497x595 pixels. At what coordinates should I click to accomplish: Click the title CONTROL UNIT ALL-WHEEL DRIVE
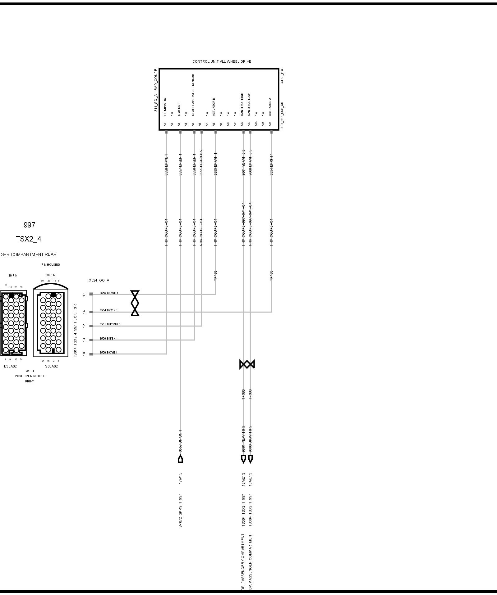point(222,61)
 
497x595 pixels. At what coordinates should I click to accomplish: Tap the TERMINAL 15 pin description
point(165,107)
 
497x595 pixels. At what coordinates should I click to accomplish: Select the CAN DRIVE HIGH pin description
point(242,104)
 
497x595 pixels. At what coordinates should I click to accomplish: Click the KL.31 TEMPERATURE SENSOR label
point(193,95)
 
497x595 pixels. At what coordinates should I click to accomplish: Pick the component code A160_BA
point(282,76)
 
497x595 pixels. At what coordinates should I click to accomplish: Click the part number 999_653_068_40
point(282,115)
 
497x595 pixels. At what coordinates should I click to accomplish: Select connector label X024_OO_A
point(99,280)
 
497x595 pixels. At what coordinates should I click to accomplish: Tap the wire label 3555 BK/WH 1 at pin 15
point(109,293)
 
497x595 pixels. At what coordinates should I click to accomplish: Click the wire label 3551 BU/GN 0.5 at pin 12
point(110,324)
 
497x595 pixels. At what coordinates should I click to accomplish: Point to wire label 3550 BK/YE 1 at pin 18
point(108,352)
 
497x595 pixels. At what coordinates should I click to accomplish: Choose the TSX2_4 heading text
point(29,239)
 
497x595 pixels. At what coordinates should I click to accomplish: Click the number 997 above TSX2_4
point(30,225)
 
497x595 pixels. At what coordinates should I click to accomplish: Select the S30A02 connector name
point(51,366)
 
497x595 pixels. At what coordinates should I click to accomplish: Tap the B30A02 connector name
point(10,366)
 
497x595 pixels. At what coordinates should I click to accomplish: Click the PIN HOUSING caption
point(51,264)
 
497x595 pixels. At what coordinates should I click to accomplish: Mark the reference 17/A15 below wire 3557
point(180,478)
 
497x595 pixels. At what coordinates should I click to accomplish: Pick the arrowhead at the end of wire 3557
point(180,459)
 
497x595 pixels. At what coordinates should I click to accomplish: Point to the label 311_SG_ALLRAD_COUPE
point(156,90)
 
